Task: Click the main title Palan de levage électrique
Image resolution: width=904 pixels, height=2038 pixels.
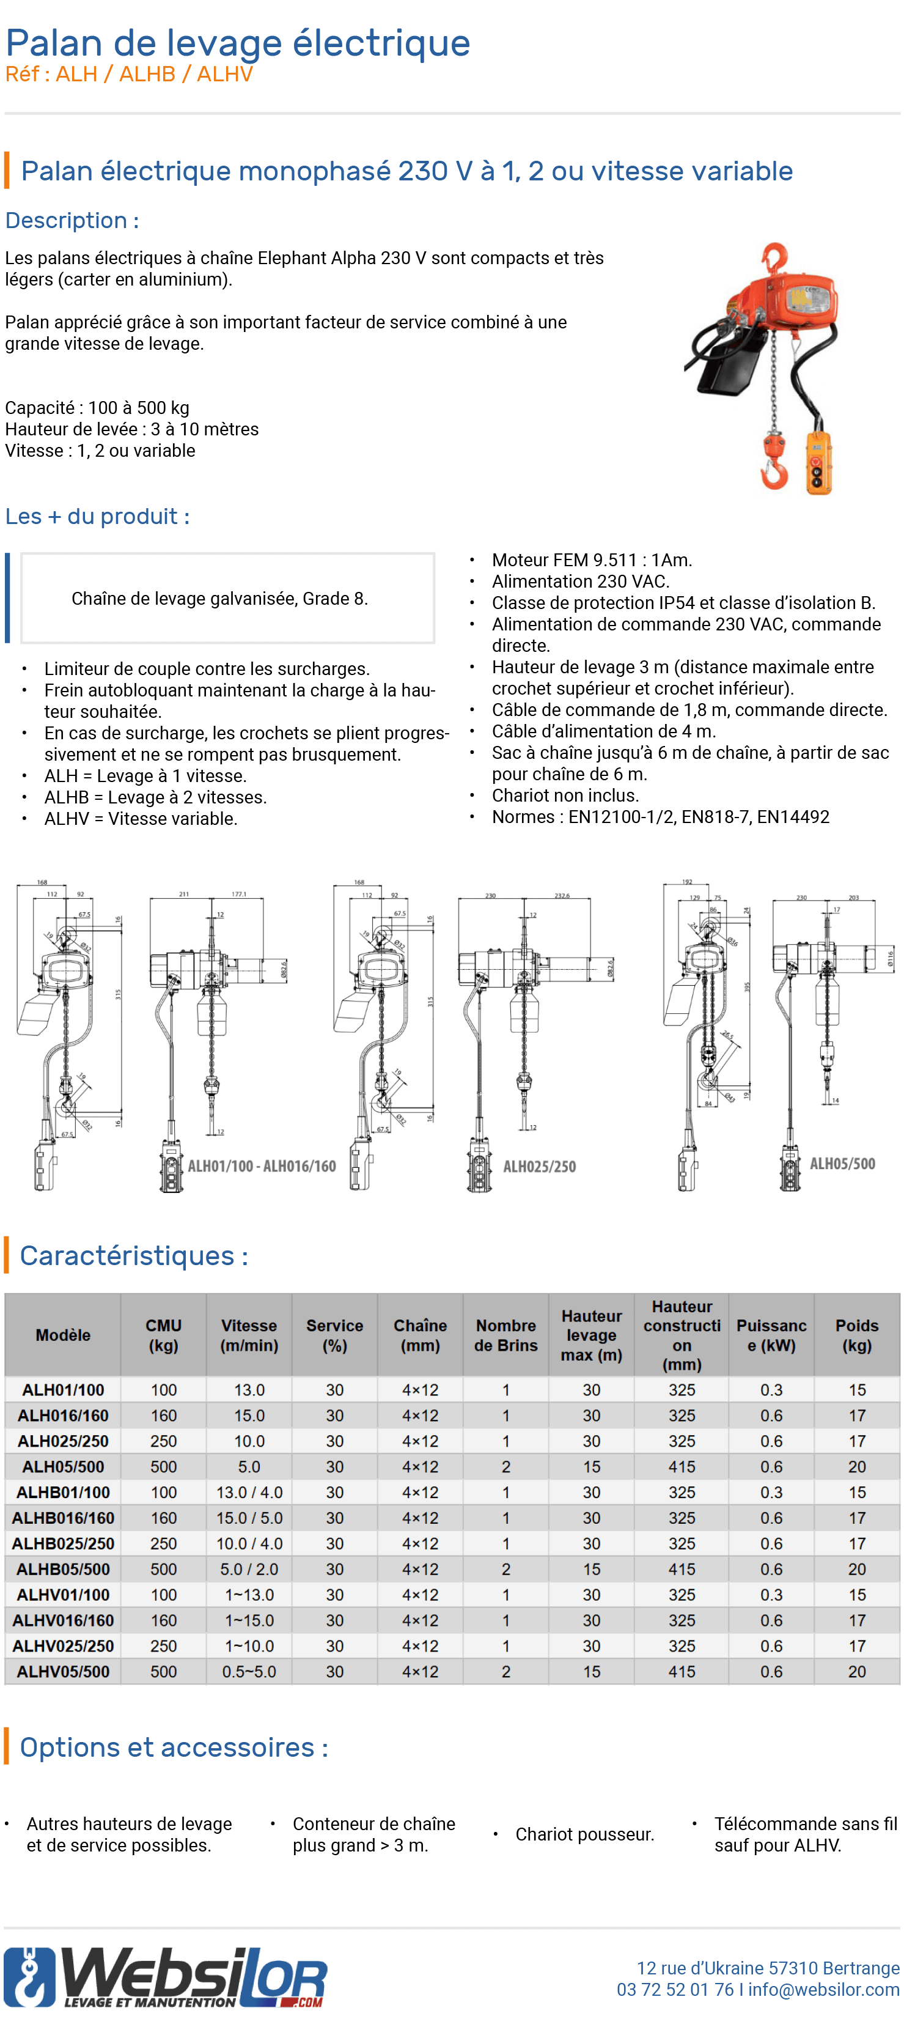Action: point(237,43)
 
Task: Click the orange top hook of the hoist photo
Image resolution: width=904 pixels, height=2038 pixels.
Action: point(774,258)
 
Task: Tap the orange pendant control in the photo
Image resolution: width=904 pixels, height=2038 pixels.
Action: point(818,462)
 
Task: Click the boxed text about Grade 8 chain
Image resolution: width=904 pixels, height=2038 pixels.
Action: point(220,599)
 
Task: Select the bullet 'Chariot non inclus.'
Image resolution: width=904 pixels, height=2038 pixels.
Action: point(565,795)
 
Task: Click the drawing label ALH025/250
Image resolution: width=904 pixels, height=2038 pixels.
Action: point(539,1166)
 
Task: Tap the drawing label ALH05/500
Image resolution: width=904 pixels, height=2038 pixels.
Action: point(842,1163)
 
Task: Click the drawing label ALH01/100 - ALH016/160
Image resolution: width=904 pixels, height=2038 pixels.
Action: point(261,1166)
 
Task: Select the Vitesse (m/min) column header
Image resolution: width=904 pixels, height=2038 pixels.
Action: point(249,1335)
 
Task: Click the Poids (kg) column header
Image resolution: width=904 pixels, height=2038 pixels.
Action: point(856,1335)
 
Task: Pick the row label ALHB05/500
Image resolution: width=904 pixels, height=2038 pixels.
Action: point(64,1569)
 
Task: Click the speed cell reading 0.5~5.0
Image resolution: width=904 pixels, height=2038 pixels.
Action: point(249,1671)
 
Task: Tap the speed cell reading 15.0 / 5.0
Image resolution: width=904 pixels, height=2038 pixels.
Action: point(249,1518)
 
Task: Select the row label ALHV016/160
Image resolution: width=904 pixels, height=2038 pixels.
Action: point(64,1620)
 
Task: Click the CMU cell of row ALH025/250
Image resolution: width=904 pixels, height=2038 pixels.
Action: point(164,1441)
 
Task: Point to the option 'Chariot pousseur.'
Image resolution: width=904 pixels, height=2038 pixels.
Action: point(584,1834)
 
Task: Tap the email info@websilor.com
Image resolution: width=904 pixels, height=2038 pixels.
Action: point(823,1989)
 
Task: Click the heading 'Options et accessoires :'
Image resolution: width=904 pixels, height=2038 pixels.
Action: point(174,1747)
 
